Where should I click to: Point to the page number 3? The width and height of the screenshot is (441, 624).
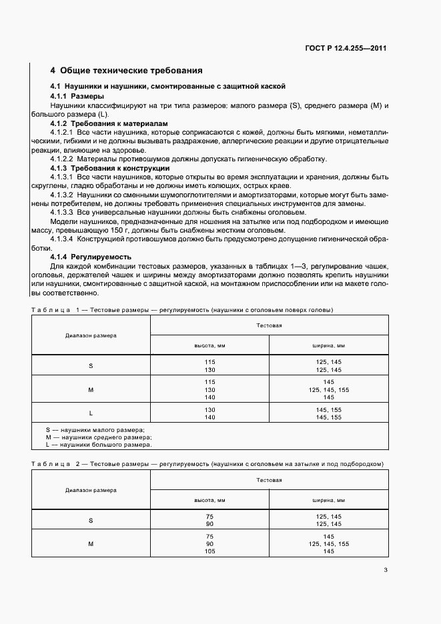(x=386, y=569)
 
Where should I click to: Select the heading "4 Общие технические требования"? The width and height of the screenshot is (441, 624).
(x=127, y=70)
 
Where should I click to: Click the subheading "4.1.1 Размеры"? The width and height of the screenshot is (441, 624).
(x=77, y=96)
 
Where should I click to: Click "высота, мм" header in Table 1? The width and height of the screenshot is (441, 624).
(x=209, y=345)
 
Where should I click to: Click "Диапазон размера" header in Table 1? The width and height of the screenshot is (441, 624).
(x=91, y=335)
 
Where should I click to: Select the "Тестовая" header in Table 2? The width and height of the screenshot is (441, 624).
(x=270, y=479)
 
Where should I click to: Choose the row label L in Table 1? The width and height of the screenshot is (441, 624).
(x=91, y=413)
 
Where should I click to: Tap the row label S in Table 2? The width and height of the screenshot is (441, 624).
(x=91, y=520)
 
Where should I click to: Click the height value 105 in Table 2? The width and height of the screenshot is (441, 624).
(x=209, y=551)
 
